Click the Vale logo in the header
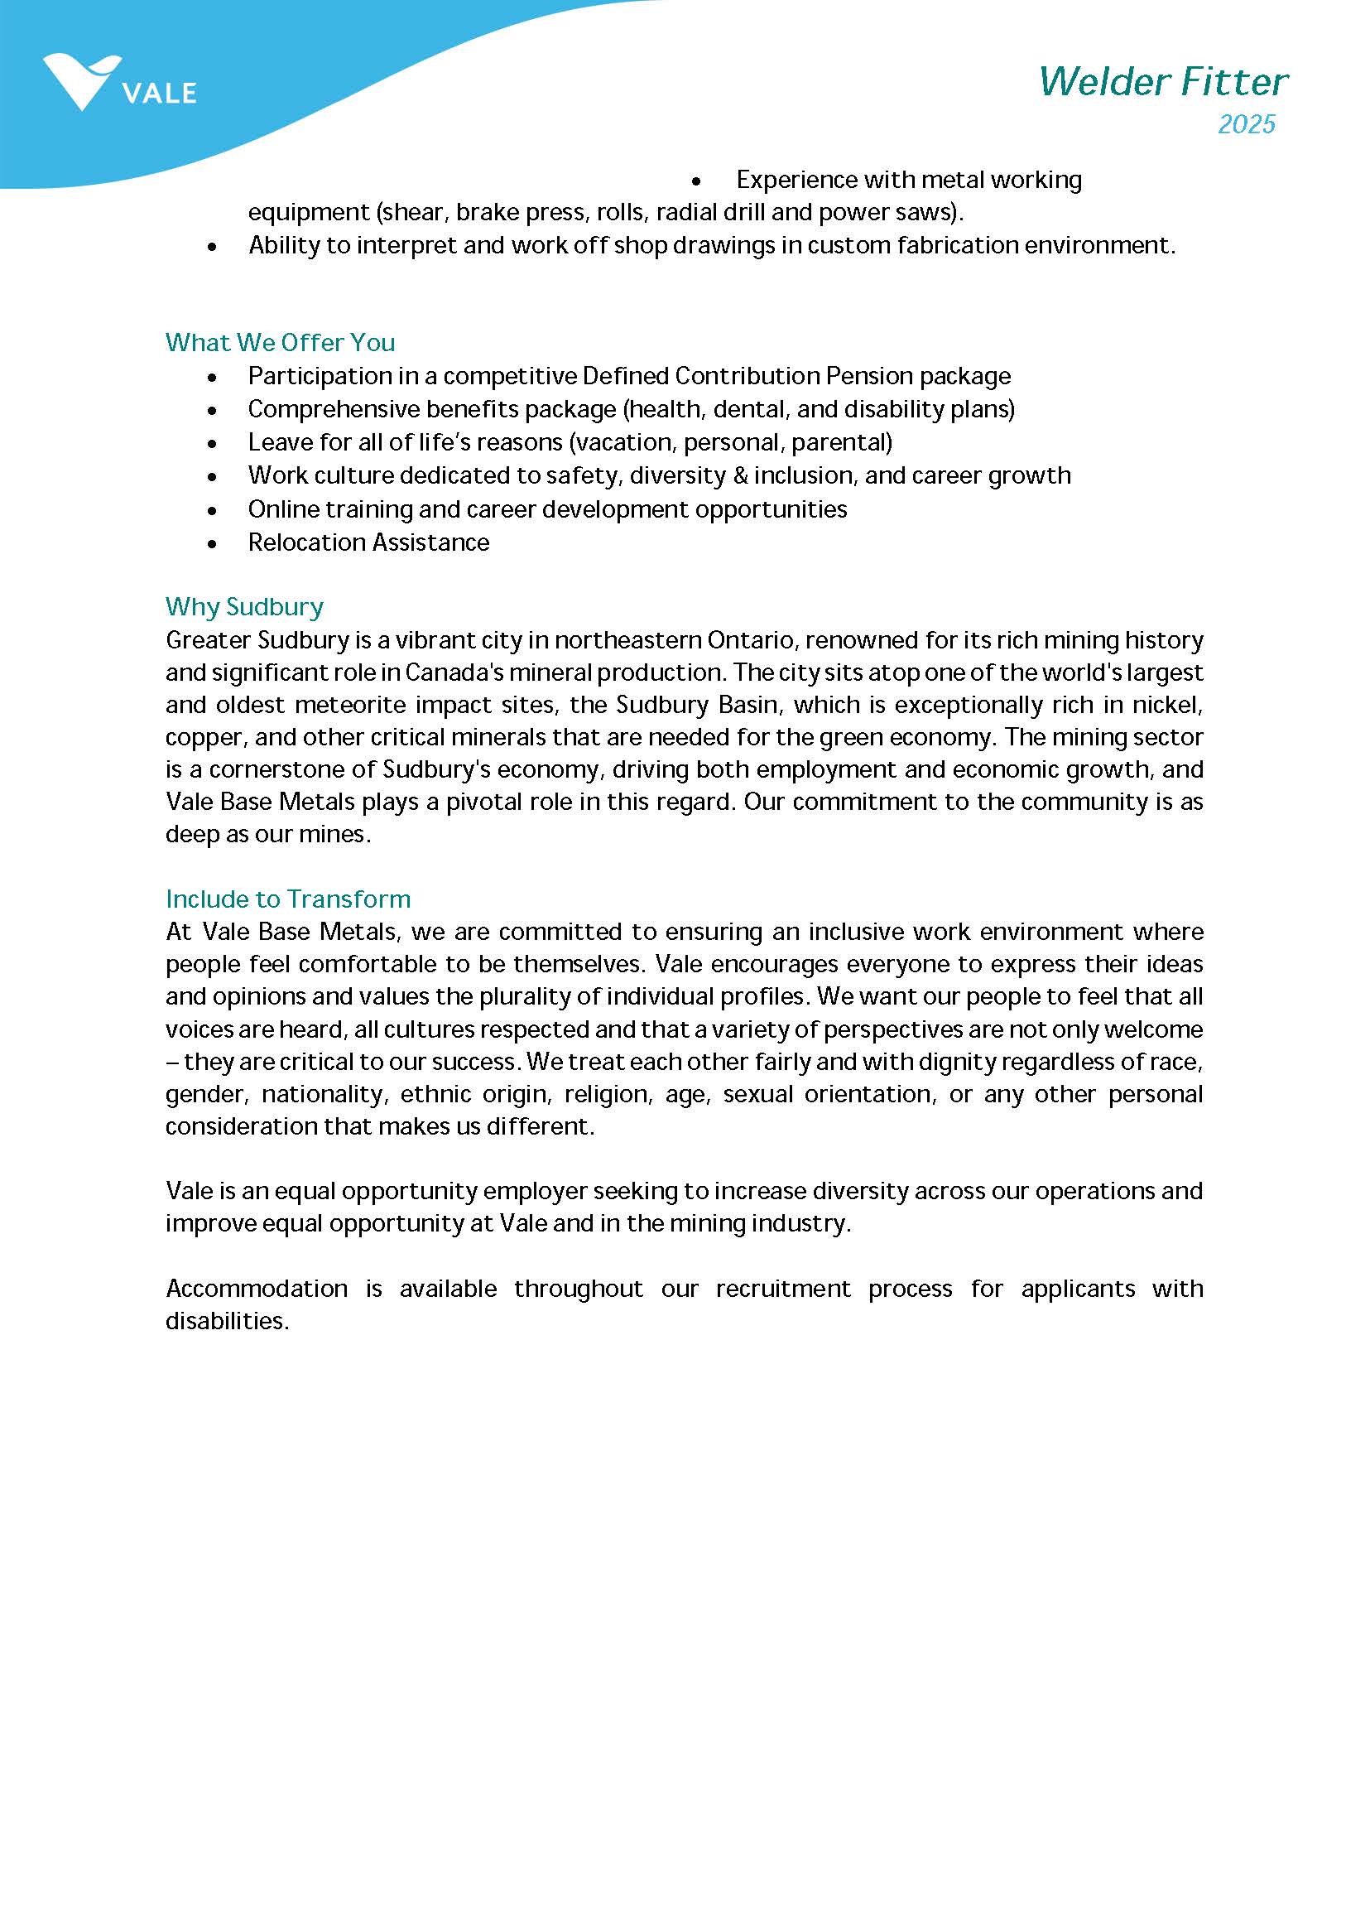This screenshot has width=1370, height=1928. [x=118, y=83]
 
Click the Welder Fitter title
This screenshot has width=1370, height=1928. [x=1162, y=82]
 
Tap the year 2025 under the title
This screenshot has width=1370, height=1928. [x=1246, y=124]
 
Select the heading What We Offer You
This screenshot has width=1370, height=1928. [x=280, y=342]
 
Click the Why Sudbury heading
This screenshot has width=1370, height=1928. [x=245, y=607]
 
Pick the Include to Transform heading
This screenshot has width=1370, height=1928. [x=288, y=899]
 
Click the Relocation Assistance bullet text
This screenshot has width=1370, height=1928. [x=368, y=542]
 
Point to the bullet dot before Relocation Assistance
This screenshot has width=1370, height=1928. [x=212, y=544]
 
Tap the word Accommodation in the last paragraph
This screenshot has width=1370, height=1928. [x=257, y=1289]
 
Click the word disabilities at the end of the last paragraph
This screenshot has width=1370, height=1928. [x=226, y=1321]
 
